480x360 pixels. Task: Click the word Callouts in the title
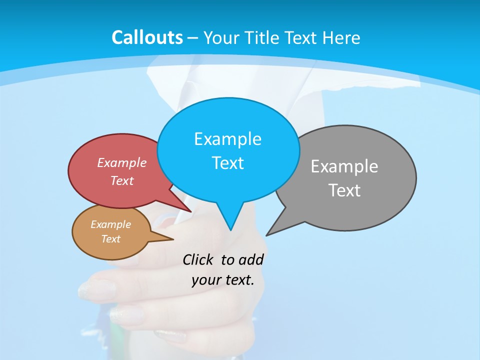tap(147, 37)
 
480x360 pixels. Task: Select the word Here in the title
tap(341, 38)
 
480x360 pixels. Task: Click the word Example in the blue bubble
tap(227, 138)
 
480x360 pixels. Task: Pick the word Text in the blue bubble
tap(227, 162)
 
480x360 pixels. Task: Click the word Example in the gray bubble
tap(344, 166)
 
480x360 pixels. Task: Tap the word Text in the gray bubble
tap(344, 190)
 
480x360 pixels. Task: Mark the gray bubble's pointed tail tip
tap(266, 235)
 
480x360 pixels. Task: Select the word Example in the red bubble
tap(122, 162)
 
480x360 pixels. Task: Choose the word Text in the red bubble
tap(122, 180)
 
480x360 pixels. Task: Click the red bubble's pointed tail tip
tap(191, 211)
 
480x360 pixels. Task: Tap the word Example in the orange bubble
tap(110, 224)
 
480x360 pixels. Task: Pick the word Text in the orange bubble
tap(110, 239)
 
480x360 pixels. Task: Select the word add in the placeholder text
tap(251, 259)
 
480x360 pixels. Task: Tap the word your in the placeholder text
tap(205, 280)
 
